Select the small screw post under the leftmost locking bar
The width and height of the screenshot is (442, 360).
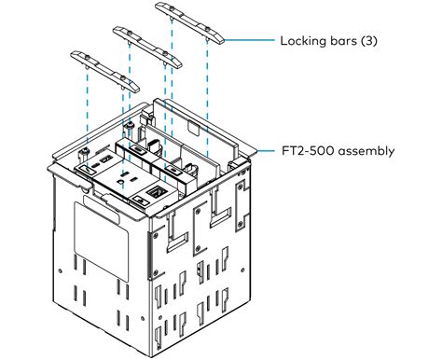pos(84,151)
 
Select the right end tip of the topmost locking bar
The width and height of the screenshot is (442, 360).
pos(223,38)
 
